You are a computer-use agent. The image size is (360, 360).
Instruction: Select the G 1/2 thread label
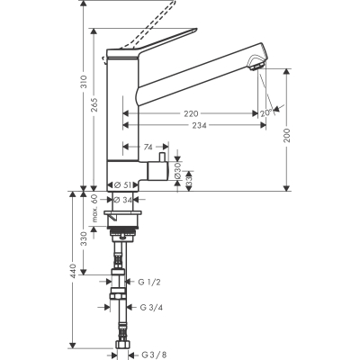pos(148,282)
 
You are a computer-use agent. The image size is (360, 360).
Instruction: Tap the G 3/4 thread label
pos(148,307)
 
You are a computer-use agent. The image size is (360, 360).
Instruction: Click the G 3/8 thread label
pos(148,354)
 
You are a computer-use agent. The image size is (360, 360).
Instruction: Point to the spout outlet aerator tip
pos(256,64)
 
